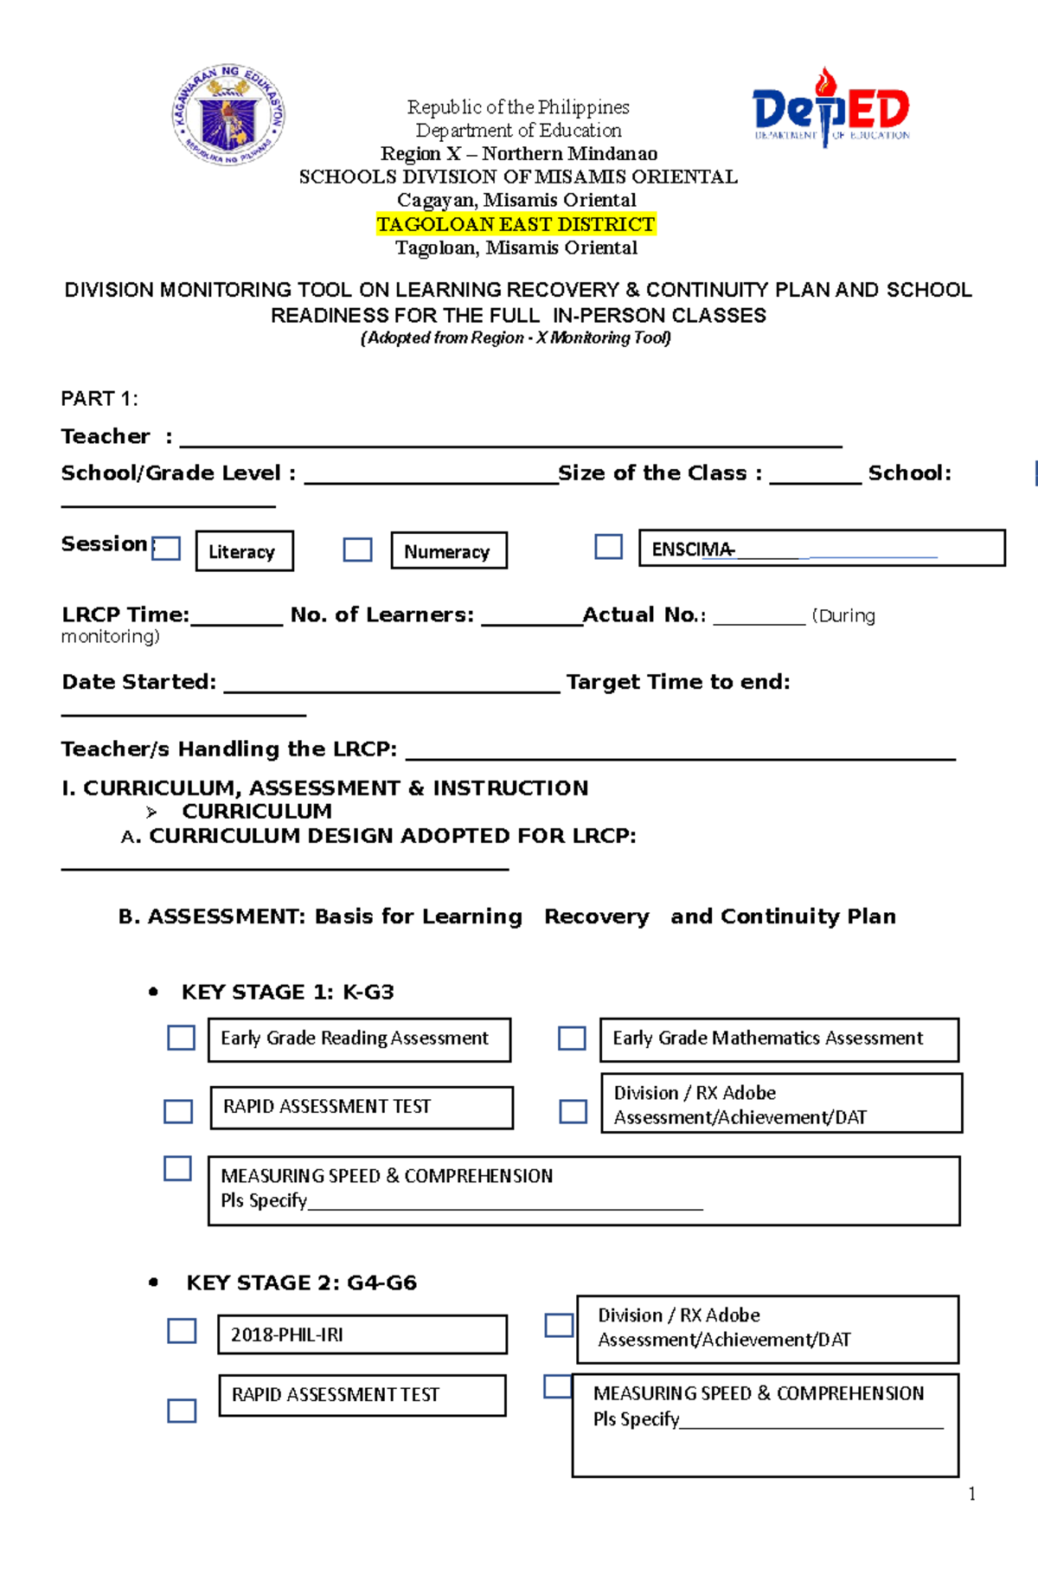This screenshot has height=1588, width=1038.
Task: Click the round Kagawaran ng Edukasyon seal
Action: point(228,113)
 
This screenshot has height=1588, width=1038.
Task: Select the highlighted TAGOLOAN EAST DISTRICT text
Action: point(516,224)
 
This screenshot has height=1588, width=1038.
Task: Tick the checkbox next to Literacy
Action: point(166,549)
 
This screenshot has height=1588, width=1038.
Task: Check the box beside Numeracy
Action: point(357,550)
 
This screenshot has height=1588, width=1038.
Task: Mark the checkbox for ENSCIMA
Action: point(609,546)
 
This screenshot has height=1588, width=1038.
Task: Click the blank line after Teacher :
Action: point(510,439)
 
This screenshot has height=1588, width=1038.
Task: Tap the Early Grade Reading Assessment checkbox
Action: point(181,1038)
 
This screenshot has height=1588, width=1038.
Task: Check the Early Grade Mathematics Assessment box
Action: point(572,1038)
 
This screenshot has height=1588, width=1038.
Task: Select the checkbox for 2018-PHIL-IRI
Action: point(182,1330)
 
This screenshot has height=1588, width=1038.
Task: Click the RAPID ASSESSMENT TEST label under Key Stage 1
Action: point(327,1107)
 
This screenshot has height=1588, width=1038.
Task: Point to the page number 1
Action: point(972,1494)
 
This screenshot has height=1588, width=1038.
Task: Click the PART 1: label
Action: point(99,399)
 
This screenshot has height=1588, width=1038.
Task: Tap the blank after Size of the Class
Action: point(815,475)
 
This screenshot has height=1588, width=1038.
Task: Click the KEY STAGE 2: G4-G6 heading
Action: point(301,1283)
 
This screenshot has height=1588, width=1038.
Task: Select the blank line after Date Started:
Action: point(392,685)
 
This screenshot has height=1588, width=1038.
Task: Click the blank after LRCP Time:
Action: point(236,617)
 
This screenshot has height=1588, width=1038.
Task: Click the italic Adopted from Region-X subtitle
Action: point(516,338)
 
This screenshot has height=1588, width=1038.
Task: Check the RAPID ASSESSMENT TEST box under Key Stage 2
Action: point(182,1411)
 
